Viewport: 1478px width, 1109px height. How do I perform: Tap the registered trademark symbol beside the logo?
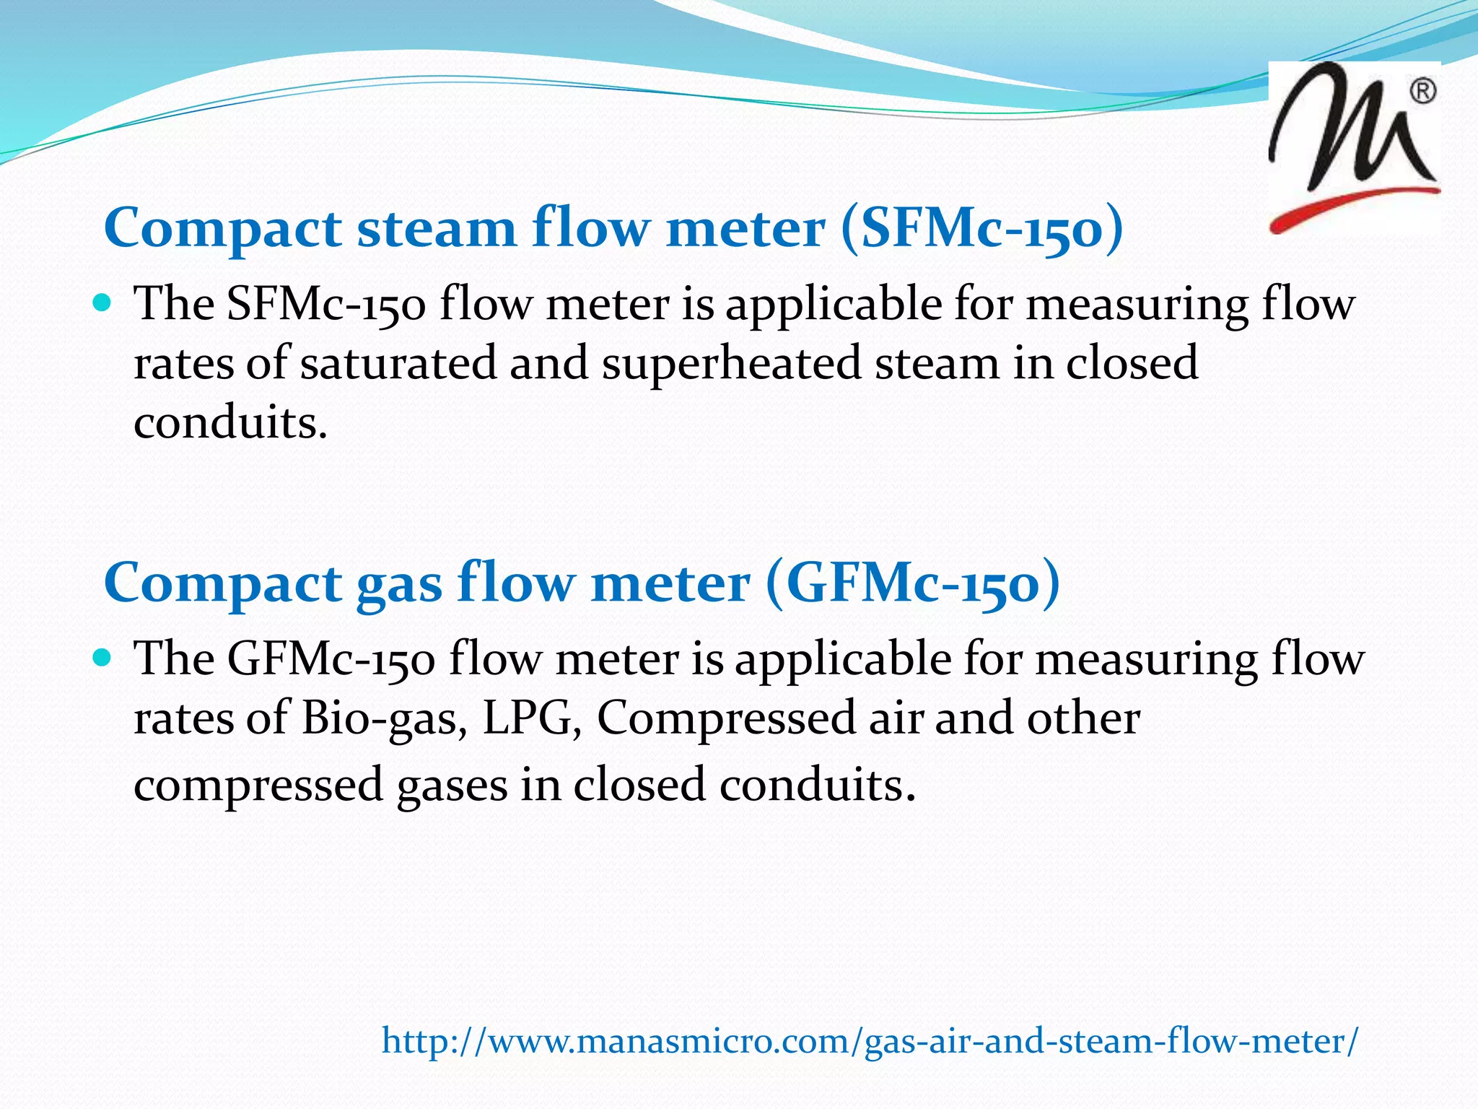click(1422, 92)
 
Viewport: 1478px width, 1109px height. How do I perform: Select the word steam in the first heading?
click(437, 228)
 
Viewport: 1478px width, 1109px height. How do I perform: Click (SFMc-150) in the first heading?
click(981, 228)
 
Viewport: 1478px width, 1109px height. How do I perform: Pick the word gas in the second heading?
click(399, 583)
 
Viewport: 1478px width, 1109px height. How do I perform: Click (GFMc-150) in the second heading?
click(912, 583)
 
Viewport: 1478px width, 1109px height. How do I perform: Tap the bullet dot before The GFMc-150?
click(102, 656)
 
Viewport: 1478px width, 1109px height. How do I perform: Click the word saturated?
click(398, 362)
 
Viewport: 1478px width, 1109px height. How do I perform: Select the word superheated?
click(732, 362)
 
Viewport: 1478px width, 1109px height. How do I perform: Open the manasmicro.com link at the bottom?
click(870, 1041)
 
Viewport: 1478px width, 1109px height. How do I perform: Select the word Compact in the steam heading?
click(223, 228)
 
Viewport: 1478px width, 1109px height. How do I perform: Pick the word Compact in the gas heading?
click(223, 583)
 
